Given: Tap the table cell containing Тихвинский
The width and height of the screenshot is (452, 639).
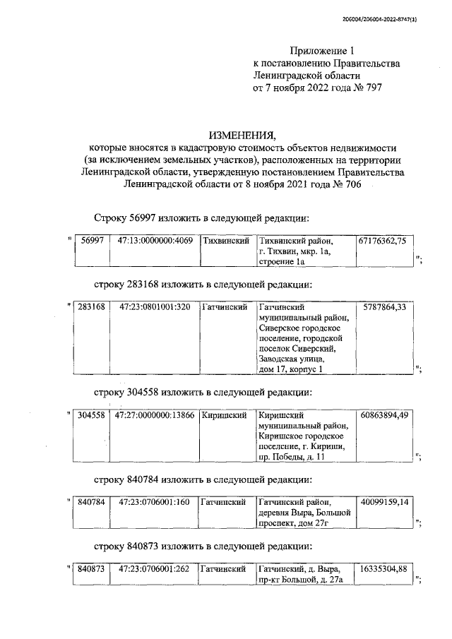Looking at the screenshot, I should [224, 241].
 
